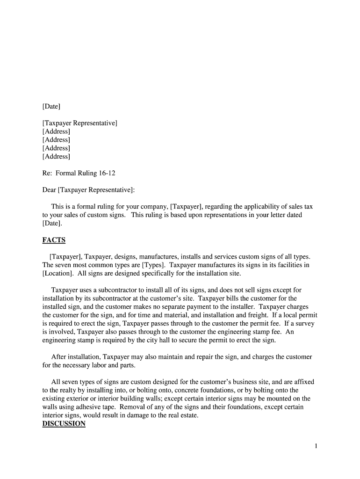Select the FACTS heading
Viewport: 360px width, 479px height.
point(54,240)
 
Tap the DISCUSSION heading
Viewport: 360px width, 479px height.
point(64,424)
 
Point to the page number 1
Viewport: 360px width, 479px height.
point(316,446)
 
